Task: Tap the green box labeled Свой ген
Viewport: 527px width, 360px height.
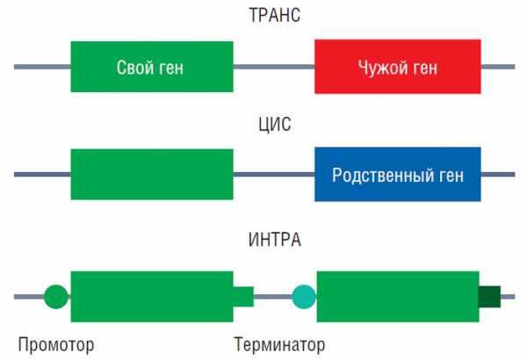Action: (152, 66)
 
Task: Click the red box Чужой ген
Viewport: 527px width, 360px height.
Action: (398, 66)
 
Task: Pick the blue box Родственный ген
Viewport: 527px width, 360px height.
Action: (398, 175)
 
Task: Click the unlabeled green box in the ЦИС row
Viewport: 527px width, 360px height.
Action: (152, 175)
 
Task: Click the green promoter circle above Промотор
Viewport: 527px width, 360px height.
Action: (55, 297)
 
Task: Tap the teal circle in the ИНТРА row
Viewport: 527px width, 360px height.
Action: (304, 297)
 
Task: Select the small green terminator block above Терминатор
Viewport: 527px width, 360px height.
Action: (243, 297)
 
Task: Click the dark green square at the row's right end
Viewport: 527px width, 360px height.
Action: (489, 297)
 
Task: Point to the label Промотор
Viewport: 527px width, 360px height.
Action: (55, 342)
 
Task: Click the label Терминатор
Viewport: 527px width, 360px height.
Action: (279, 342)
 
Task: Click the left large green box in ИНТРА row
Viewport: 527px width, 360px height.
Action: (152, 296)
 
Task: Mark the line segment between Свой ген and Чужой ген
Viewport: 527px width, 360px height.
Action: (274, 66)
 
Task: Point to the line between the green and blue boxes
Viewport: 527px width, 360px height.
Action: (274, 175)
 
